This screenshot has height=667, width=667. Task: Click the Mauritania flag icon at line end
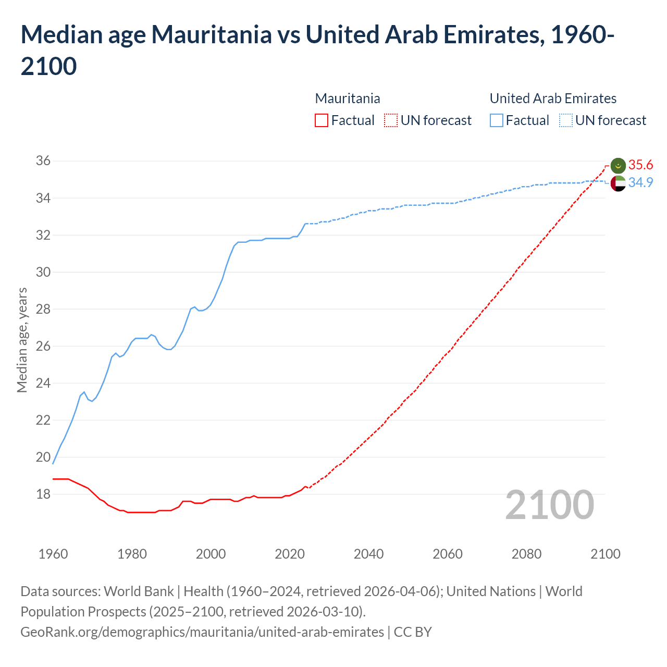(618, 165)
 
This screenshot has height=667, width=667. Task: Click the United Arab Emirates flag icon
(618, 183)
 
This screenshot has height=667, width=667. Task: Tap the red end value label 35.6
(640, 165)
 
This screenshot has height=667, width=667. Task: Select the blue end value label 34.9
(640, 183)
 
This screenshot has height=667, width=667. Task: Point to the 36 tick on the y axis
(43, 161)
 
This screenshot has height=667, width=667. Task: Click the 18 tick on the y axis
(43, 494)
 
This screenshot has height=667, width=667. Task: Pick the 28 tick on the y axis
(43, 309)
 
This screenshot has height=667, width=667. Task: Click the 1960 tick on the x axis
(53, 554)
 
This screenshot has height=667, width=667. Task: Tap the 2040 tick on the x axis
(368, 554)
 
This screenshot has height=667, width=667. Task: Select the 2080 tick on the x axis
(526, 554)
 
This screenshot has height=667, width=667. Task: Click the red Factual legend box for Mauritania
(322, 121)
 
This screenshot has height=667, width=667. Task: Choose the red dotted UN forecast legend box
(391, 121)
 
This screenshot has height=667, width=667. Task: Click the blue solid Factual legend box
(497, 121)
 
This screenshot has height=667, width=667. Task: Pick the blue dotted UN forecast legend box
(565, 121)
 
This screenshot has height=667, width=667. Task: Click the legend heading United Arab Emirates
(553, 98)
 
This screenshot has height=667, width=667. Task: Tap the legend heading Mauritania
(348, 98)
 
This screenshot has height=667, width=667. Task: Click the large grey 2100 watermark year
(549, 504)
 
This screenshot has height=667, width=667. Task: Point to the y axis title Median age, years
(22, 340)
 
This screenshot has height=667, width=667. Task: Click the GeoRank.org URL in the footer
(202, 632)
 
